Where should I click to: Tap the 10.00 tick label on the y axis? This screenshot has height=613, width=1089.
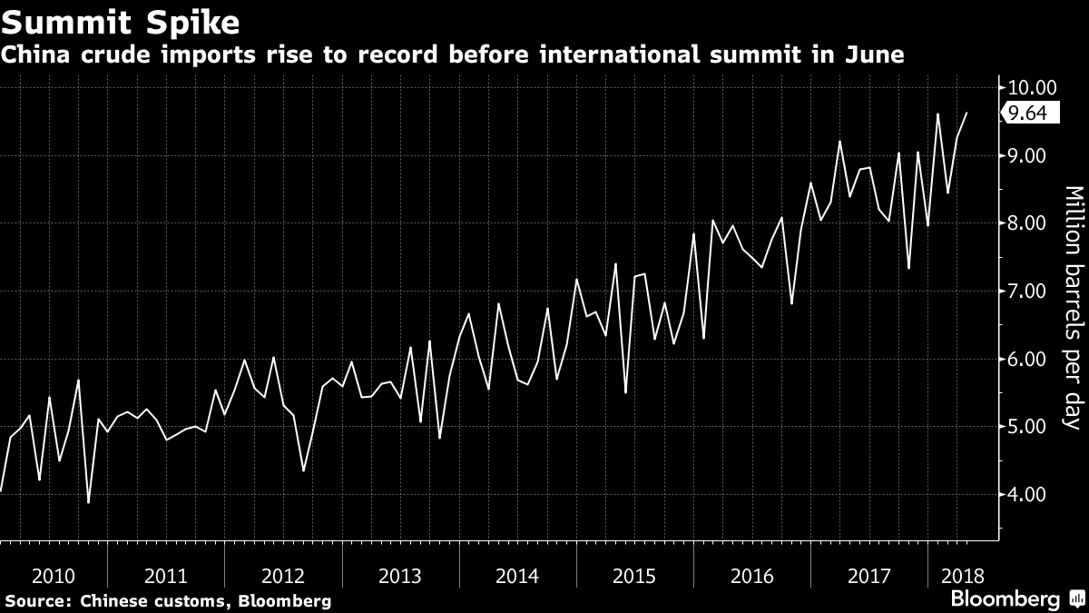(1032, 88)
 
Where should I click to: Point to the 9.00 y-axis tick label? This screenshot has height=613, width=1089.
(1027, 156)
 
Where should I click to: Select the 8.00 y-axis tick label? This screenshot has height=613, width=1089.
(1027, 223)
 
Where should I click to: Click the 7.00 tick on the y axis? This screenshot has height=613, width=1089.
(1027, 292)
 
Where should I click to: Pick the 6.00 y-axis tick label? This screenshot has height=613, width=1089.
(1027, 360)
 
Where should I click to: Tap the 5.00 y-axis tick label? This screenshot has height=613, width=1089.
(1027, 427)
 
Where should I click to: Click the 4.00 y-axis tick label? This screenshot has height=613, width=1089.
(1027, 495)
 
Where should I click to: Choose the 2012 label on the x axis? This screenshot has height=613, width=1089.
(283, 576)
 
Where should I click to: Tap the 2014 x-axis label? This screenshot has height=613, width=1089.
(517, 576)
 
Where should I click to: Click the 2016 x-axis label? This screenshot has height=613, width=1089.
(751, 576)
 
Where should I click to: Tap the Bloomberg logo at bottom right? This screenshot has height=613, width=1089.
(1005, 599)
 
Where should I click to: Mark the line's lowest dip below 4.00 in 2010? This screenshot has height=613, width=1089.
(88, 502)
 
